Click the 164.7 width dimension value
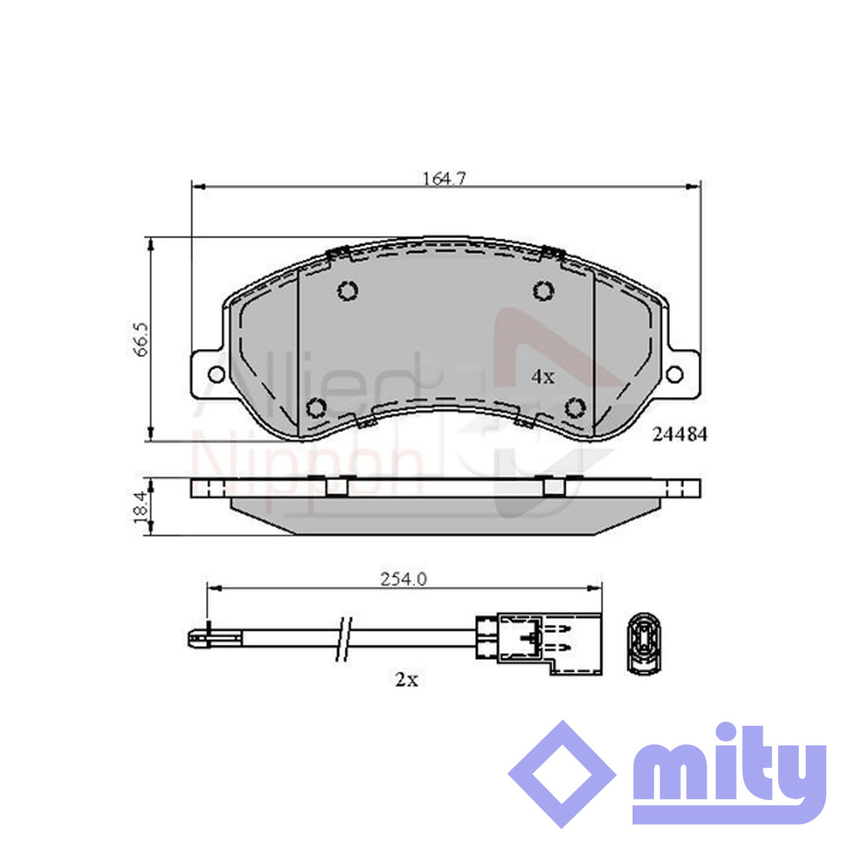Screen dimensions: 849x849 [444, 178]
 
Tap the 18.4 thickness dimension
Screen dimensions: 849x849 [142, 507]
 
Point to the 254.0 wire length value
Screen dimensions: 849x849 [403, 579]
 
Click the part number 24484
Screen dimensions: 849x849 [679, 435]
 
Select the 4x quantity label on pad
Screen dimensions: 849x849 [543, 376]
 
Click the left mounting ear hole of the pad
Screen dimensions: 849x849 [216, 374]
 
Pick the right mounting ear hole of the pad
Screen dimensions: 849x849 [674, 374]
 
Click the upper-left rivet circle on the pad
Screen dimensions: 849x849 [347, 291]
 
